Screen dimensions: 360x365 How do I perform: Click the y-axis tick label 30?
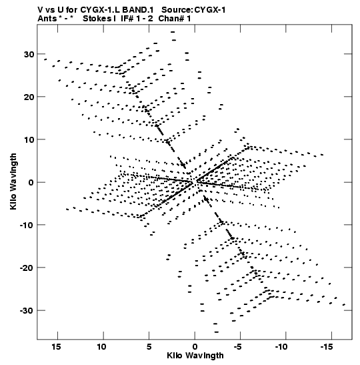click(x=29, y=54)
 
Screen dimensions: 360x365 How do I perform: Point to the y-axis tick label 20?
click(x=29, y=97)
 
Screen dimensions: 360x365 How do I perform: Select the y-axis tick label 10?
click(x=29, y=139)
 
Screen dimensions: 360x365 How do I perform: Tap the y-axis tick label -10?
click(x=27, y=225)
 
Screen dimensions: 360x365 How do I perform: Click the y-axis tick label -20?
click(x=27, y=268)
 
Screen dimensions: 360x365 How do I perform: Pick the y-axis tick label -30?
click(x=27, y=311)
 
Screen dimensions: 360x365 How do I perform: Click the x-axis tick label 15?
click(x=57, y=347)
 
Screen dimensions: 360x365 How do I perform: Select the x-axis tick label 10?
click(x=102, y=347)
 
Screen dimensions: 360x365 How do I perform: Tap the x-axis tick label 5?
click(x=149, y=347)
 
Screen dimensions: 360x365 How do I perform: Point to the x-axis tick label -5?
click(x=238, y=347)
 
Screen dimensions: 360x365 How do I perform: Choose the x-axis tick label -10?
click(x=281, y=347)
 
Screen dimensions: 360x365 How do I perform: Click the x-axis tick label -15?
click(x=327, y=347)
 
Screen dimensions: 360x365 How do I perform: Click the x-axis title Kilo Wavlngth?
click(x=195, y=356)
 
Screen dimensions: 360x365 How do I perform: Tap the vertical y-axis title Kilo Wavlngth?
click(x=13, y=181)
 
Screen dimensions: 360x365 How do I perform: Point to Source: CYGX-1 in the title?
click(x=193, y=10)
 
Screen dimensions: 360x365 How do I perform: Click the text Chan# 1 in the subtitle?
click(x=175, y=19)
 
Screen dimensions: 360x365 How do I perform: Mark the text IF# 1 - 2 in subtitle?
click(x=137, y=19)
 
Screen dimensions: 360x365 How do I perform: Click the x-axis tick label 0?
click(x=195, y=347)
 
